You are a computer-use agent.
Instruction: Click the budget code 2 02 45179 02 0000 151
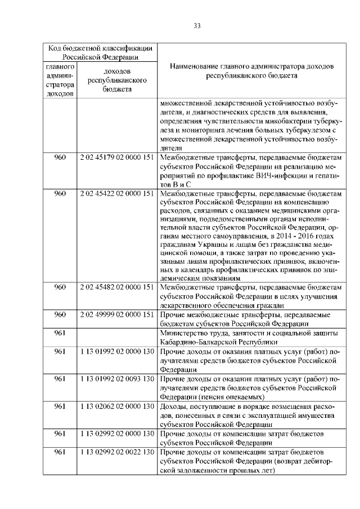pyautogui.click(x=118, y=158)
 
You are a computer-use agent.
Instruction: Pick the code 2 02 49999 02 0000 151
pyautogui.click(x=118, y=314)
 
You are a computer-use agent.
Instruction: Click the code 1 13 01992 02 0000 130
pyautogui.click(x=118, y=352)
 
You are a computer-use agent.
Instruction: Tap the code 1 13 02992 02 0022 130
pyautogui.click(x=118, y=452)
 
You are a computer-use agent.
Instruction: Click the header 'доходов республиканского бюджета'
pyautogui.click(x=118, y=80)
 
